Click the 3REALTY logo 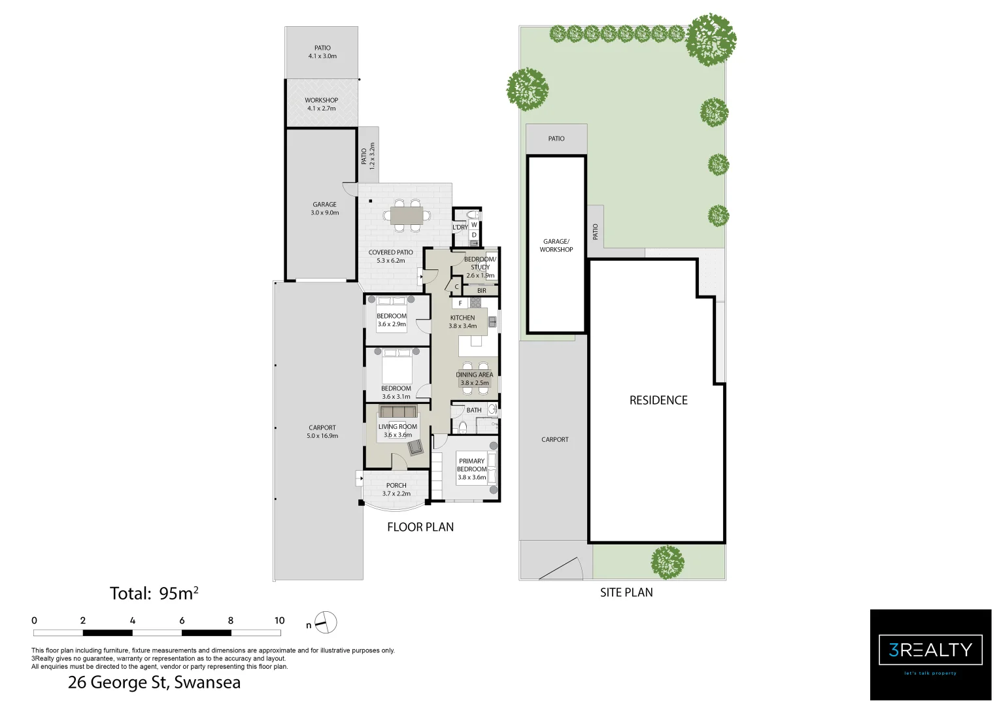930,654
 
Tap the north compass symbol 325,622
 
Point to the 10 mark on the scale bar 280,621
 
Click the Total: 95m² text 154,594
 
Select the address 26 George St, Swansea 154,683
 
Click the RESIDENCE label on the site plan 658,400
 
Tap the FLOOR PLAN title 420,527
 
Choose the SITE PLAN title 626,592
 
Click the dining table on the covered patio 407,216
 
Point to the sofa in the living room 398,412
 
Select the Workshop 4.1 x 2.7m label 322,104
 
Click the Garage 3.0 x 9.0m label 324,209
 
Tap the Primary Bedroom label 471,469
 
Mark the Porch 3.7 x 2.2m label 396,489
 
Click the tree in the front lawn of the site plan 668,562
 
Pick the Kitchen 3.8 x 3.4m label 462,322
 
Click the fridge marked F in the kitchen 460,303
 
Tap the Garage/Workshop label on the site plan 556,245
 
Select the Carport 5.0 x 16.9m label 322,431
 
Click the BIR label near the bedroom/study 482,291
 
